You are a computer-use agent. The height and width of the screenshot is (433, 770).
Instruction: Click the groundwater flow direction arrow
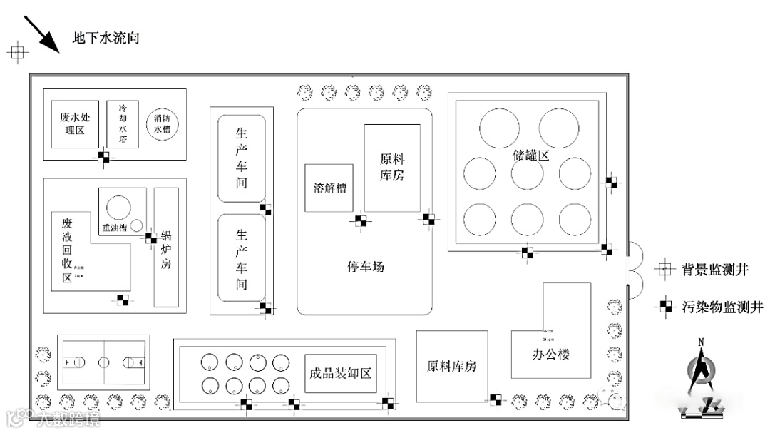click(41, 35)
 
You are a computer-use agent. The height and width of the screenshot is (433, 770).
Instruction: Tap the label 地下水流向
click(106, 38)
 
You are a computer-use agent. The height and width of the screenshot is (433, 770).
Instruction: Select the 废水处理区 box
click(73, 123)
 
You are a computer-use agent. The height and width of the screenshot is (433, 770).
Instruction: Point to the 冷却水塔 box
click(122, 123)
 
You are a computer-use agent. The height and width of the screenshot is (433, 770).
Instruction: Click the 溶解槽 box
click(330, 188)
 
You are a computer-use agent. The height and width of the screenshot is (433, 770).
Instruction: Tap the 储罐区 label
click(531, 155)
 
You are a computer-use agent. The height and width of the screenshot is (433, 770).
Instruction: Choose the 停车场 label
click(365, 267)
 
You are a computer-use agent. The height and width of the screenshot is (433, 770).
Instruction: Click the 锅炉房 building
click(166, 247)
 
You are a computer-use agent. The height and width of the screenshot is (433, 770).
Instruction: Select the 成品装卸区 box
click(341, 372)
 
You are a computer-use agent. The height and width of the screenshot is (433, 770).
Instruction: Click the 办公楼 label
click(551, 354)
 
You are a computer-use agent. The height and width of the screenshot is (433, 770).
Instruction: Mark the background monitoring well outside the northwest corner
click(17, 51)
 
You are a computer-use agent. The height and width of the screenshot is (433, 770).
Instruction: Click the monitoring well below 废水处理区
click(104, 157)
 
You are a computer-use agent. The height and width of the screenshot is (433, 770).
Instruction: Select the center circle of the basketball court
click(104, 362)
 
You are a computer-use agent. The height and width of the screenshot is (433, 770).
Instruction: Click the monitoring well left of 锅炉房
click(151, 238)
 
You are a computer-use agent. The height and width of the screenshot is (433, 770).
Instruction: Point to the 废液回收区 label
click(67, 250)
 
